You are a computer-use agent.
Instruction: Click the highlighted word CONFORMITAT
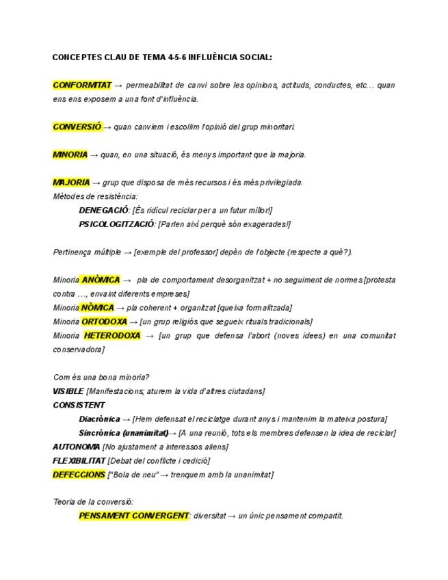(x=81, y=85)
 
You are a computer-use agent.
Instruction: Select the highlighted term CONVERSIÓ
(x=77, y=127)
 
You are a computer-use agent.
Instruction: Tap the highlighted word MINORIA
(x=70, y=155)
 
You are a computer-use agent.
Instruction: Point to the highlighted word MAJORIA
(x=71, y=183)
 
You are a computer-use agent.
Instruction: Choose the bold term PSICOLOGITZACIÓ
(x=117, y=224)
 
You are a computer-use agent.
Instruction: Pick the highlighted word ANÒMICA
(x=101, y=280)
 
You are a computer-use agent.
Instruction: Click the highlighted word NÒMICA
(x=97, y=308)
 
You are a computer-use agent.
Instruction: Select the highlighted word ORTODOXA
(x=104, y=321)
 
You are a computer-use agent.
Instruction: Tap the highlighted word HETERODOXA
(x=112, y=336)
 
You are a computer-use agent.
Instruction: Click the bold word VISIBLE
(x=68, y=391)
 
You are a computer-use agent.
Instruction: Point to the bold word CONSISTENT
(x=79, y=405)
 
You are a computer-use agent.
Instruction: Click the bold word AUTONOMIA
(x=76, y=447)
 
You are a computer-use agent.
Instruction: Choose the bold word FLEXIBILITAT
(x=79, y=460)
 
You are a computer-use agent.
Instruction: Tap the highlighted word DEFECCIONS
(x=79, y=475)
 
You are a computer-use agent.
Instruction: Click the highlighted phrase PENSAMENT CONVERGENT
(x=133, y=516)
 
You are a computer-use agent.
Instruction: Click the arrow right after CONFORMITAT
(x=118, y=85)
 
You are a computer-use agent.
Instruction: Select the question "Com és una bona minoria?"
(x=101, y=378)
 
